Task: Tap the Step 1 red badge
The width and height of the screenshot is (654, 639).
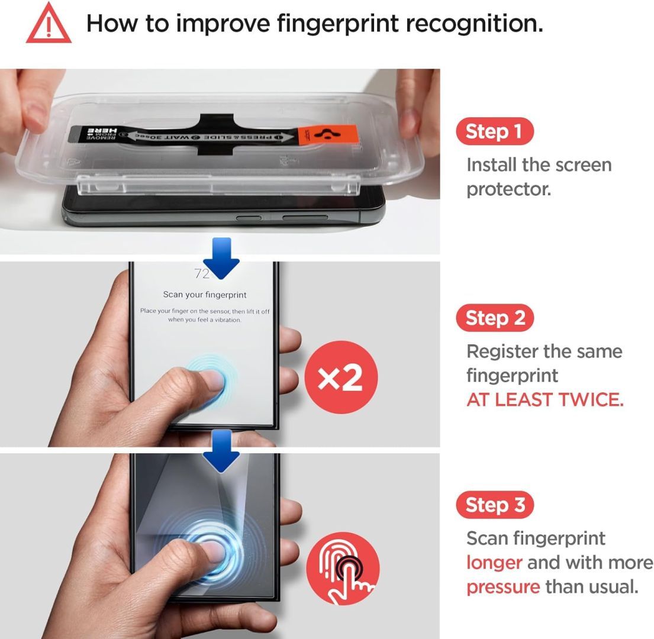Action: (494, 131)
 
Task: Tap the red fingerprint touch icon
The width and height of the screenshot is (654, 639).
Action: (343, 569)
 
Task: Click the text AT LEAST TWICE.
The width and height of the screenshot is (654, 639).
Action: (545, 400)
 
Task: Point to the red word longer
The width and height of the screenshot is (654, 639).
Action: (494, 563)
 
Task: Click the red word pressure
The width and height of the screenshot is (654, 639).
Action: (503, 587)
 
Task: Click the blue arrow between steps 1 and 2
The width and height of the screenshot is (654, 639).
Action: (220, 259)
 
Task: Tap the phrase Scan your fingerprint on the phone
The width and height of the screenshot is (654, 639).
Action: (205, 295)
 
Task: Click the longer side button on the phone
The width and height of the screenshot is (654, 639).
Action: (304, 218)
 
